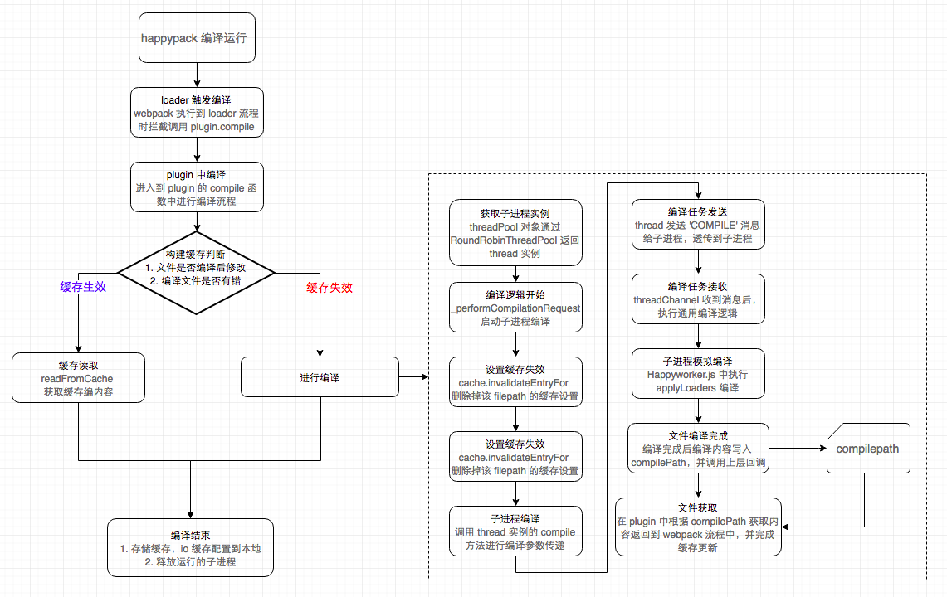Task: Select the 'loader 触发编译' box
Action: [x=197, y=113]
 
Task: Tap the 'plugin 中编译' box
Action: [x=197, y=187]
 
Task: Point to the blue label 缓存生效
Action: [x=83, y=287]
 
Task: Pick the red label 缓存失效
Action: [x=329, y=288]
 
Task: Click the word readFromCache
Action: [x=78, y=378]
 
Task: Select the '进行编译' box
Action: [x=320, y=377]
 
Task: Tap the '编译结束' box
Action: [x=190, y=548]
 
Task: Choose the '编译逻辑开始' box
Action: [x=515, y=308]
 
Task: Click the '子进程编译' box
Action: [x=515, y=531]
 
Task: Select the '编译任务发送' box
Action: [x=697, y=225]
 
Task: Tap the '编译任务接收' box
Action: [x=697, y=299]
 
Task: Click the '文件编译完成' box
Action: [x=697, y=449]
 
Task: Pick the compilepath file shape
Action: [x=868, y=449]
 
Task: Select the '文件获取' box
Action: [x=697, y=527]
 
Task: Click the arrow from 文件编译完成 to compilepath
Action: [x=797, y=449]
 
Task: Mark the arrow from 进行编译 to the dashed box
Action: [x=414, y=378]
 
